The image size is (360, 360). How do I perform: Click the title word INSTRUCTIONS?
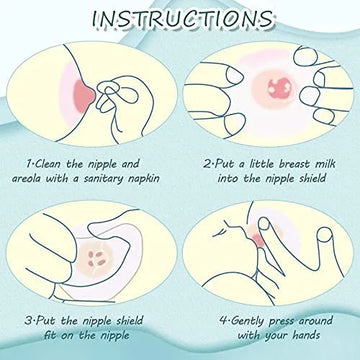pos(182,19)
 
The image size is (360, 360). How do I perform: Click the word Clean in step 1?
pos(49,164)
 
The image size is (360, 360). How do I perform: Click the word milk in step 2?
pos(324,164)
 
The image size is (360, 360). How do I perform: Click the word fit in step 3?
pos(50,335)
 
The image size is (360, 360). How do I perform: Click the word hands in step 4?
pos(305,335)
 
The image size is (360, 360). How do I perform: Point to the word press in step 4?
pos(282,322)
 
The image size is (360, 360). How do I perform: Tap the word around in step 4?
pos(316,321)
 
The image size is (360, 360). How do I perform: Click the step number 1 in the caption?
pos(29,164)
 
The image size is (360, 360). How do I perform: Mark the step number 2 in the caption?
pos(208,164)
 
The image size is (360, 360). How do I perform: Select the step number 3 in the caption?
pos(28,321)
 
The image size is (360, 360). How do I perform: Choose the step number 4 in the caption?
pos(223,321)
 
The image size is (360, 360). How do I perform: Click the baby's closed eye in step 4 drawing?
pos(219,234)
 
